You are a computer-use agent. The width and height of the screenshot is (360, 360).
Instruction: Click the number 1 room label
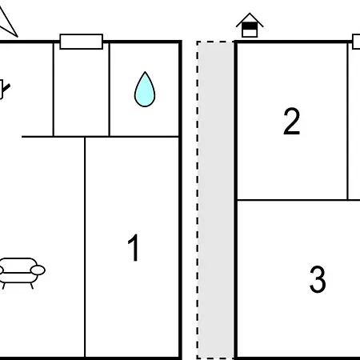pyautogui.click(x=134, y=247)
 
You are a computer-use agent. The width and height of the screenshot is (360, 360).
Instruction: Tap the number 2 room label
pyautogui.click(x=291, y=121)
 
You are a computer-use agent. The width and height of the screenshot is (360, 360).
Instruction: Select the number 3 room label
pyautogui.click(x=318, y=279)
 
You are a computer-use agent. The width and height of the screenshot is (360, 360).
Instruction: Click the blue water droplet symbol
pyautogui.click(x=145, y=90)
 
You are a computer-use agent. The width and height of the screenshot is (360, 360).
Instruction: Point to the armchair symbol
pyautogui.click(x=21, y=273)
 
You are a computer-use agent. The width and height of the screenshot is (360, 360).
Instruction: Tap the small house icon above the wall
pyautogui.click(x=250, y=25)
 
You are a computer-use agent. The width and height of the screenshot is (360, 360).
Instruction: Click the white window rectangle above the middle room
pyautogui.click(x=82, y=42)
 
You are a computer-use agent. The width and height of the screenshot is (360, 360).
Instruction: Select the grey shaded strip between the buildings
pyautogui.click(x=215, y=200)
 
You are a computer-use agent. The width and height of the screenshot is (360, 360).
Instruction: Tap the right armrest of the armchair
pyautogui.click(x=38, y=270)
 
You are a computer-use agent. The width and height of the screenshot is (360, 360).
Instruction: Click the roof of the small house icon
pyautogui.click(x=250, y=18)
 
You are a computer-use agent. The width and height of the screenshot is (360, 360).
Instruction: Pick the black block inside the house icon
pyautogui.click(x=250, y=26)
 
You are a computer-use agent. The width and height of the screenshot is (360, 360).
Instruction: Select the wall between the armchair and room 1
pyautogui.click(x=85, y=247)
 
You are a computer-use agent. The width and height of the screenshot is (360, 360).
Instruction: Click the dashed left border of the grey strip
pyautogui.click(x=198, y=200)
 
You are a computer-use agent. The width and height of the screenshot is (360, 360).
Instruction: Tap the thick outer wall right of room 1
pyautogui.click(x=181, y=200)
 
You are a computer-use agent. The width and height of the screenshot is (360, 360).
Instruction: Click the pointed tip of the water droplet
pyautogui.click(x=145, y=72)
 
